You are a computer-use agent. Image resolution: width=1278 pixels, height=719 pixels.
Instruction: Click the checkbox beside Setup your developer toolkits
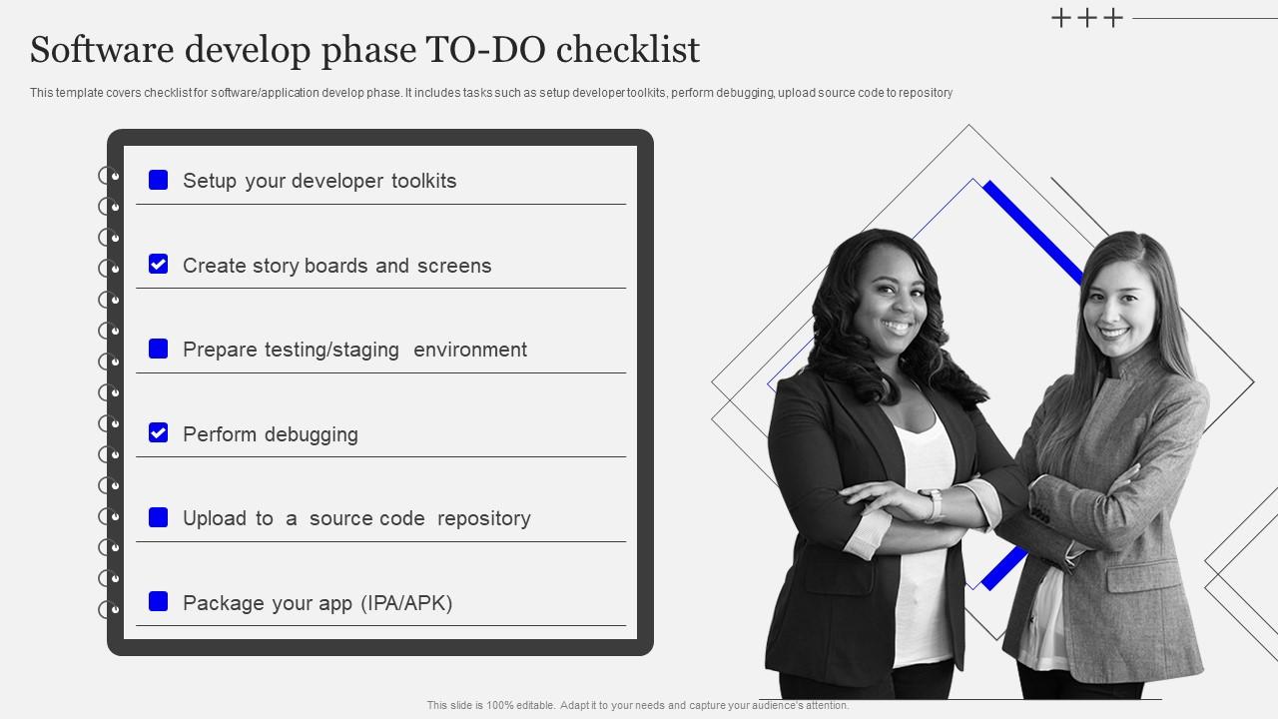tap(158, 180)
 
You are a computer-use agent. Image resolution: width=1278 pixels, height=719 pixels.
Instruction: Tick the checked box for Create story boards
tap(158, 264)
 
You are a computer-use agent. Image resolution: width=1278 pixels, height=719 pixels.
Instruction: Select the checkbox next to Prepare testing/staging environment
tap(158, 349)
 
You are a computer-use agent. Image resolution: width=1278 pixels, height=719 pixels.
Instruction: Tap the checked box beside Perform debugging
tap(158, 432)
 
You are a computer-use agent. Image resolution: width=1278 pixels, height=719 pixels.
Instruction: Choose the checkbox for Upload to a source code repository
tap(158, 517)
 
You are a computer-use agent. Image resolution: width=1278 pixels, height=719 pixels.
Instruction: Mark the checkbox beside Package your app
tap(158, 601)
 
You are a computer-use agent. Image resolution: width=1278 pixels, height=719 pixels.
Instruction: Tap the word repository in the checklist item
tap(484, 518)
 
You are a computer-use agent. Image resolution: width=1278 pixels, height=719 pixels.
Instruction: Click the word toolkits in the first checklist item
tap(423, 181)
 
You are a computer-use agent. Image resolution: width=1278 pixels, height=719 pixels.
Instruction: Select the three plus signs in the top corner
tap(1087, 18)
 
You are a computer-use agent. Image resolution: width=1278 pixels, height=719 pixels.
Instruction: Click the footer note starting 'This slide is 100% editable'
tap(638, 705)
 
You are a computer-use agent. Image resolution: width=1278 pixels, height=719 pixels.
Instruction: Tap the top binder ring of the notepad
tap(109, 176)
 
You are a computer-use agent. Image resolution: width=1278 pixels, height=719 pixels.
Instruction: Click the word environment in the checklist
tap(470, 350)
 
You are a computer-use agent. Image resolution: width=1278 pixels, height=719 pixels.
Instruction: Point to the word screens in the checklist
tap(454, 266)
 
